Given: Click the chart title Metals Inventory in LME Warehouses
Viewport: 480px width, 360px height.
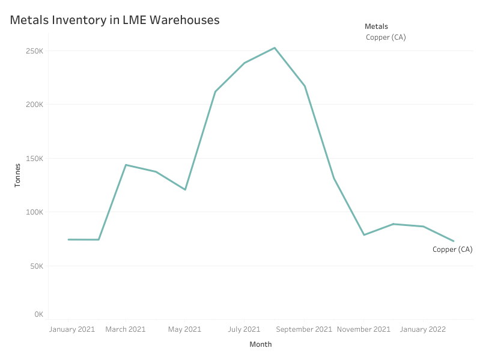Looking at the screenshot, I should point(115,20).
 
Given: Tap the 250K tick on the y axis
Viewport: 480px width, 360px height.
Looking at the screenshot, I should point(34,51).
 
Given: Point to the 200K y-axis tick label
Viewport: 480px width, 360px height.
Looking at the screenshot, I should point(34,105).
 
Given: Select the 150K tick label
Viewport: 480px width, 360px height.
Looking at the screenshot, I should point(34,159).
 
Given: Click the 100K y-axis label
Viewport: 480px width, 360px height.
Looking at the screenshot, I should point(34,212).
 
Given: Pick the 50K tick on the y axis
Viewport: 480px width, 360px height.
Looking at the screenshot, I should point(36,266).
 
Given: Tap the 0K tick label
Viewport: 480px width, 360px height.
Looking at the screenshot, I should point(38,314).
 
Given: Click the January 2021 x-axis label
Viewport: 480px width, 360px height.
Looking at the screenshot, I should point(71,329).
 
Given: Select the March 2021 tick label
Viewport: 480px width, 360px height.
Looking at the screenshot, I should point(126,329).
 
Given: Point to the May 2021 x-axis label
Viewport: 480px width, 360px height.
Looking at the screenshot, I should point(184,329).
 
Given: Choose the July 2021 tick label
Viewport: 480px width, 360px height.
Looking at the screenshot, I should point(243,329).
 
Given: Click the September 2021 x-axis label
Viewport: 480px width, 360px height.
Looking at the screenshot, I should point(304,329).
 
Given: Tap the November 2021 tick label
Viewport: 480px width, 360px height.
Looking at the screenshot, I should point(363,329).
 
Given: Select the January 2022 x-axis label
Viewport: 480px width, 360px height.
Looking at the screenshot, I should point(422,329).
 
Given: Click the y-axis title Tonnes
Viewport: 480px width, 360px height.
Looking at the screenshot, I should point(17,175).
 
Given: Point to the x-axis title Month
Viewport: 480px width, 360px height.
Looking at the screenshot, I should point(261,344).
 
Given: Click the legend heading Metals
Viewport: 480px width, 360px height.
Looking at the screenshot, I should point(376,26).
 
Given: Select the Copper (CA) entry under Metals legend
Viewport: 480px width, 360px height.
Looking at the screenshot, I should point(386,37).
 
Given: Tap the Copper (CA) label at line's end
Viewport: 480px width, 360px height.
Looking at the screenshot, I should point(452,249).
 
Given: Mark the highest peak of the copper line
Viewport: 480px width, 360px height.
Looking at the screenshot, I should point(275,48).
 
